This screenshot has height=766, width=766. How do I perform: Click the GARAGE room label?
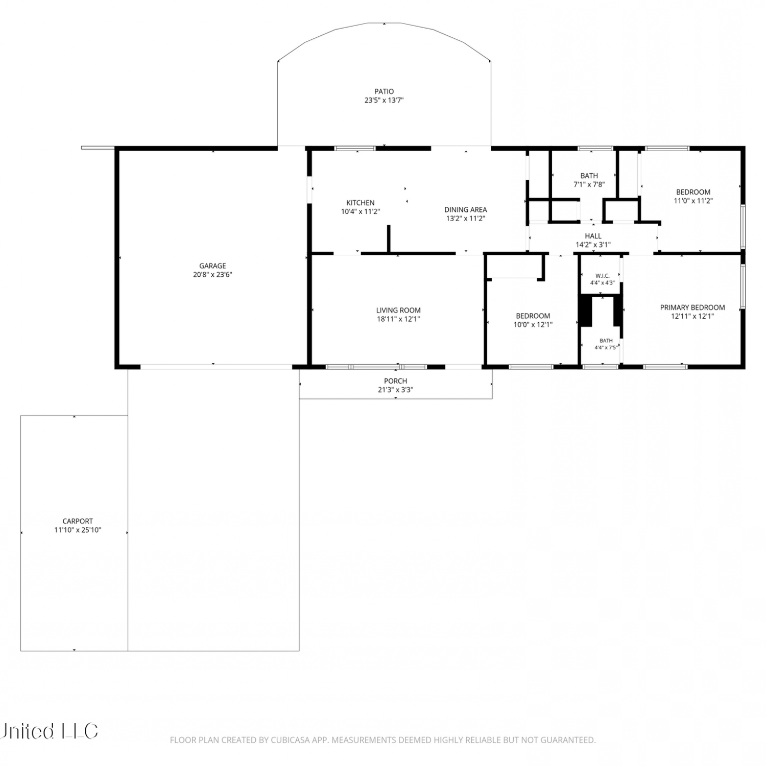212,266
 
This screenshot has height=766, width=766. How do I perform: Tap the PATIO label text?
384,92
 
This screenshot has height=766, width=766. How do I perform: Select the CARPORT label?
78,521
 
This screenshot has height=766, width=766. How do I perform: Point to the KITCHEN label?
361,203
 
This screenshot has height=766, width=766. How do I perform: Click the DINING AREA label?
466,209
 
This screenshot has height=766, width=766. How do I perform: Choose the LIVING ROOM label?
398,310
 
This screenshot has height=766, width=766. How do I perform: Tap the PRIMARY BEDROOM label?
692,307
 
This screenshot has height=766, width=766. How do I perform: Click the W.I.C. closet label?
603,276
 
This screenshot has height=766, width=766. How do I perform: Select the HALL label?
593,236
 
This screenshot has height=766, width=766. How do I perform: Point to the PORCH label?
396,381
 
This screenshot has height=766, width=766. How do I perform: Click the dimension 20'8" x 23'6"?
212,275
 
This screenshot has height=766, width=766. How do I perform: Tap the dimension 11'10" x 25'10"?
78,530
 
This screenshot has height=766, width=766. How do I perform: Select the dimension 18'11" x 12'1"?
398,319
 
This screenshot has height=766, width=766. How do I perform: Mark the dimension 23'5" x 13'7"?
384,101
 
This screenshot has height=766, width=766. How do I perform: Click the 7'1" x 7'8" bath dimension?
589,184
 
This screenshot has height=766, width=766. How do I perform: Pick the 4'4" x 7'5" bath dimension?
606,348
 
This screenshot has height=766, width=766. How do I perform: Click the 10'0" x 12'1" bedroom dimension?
533,325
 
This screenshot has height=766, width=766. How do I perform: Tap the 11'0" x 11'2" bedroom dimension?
693,201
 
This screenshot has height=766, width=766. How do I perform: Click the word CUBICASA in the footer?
292,740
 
